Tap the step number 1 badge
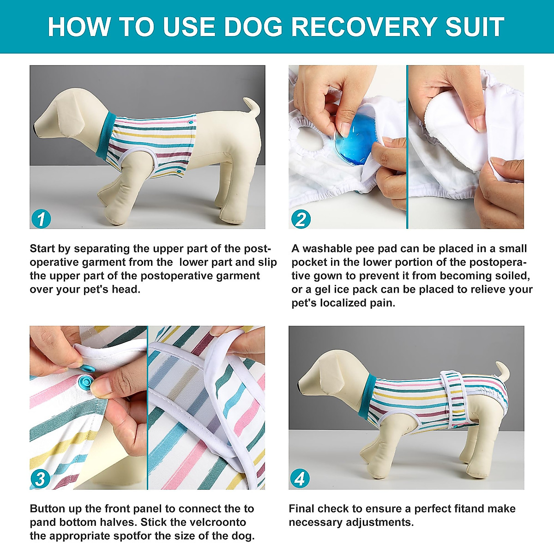point(41,219)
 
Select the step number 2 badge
point(301,219)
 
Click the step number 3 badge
point(41,479)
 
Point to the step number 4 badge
point(300,479)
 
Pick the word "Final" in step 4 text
point(302,509)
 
